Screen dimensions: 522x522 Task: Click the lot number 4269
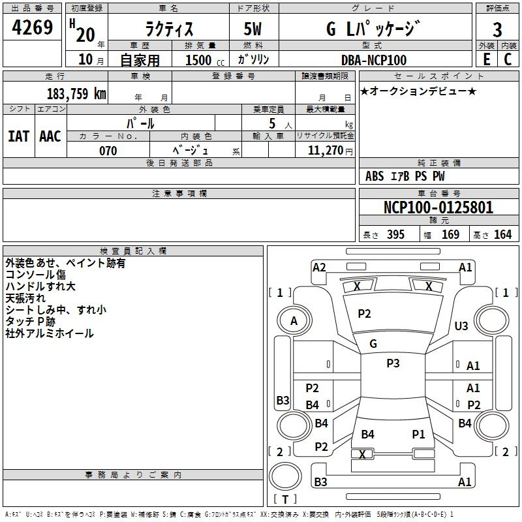(32, 27)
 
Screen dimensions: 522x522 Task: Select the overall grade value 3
(497, 29)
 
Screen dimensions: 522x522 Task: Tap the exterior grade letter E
(486, 59)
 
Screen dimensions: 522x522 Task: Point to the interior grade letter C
(508, 59)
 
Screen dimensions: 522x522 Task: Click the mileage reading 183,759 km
(76, 94)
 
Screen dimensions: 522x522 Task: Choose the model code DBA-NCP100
(374, 60)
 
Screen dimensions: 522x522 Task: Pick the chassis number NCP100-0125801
(438, 207)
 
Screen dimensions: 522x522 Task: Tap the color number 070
(108, 151)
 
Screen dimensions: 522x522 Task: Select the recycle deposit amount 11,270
(325, 151)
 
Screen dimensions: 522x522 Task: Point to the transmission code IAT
(18, 136)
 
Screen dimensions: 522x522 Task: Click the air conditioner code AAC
(50, 136)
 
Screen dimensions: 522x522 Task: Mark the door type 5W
(253, 29)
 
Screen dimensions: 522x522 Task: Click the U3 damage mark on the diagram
(461, 326)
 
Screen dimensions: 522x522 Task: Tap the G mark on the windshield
(373, 344)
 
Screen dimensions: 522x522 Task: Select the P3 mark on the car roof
(393, 363)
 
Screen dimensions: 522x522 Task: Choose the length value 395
(395, 234)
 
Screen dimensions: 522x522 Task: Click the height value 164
(502, 234)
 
